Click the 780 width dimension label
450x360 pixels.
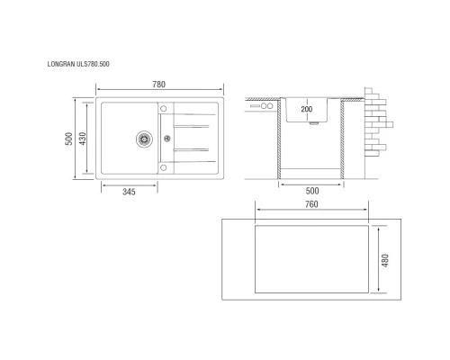pyautogui.click(x=158, y=84)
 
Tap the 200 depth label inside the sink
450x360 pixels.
pyautogui.click(x=308, y=110)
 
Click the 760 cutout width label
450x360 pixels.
pyautogui.click(x=311, y=204)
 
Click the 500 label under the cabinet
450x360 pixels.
pyautogui.click(x=312, y=192)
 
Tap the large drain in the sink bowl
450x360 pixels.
pyautogui.click(x=141, y=139)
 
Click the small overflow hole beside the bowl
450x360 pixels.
pyautogui.click(x=166, y=139)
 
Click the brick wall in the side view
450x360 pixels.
pyautogui.click(x=375, y=121)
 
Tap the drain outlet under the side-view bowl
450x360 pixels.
pyautogui.click(x=311, y=126)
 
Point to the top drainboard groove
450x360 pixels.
pyautogui.click(x=191, y=114)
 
